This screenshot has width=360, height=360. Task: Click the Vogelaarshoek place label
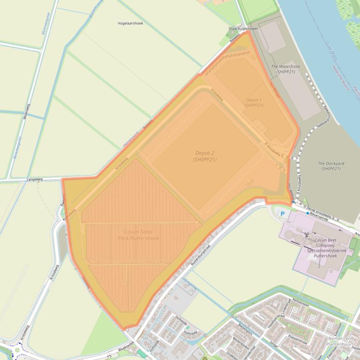131,23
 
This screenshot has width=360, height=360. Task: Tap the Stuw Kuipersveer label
242,29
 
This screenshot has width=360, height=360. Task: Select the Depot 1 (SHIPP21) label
254,103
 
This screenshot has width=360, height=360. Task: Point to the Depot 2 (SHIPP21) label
205,156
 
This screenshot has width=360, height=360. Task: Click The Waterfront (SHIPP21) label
286,70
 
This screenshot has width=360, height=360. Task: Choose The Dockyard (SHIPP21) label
331,166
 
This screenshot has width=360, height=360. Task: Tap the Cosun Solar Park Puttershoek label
138,235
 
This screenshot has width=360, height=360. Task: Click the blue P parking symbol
282,214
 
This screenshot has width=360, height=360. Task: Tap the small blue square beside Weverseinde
308,213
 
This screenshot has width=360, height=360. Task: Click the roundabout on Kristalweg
18,349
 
